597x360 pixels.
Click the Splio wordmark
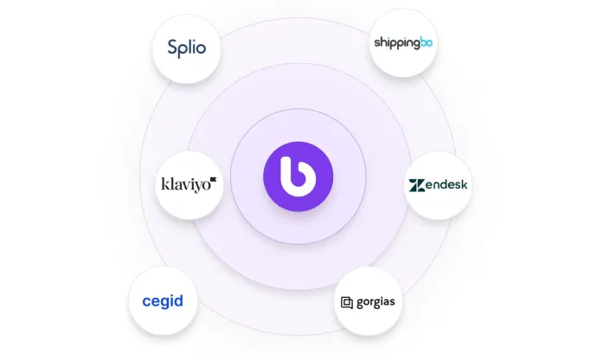(186, 47)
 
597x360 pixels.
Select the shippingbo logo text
(402, 42)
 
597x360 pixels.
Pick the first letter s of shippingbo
(376, 42)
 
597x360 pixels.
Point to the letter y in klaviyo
(196, 185)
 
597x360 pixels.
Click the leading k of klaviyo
(164, 183)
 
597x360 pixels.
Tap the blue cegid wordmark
(163, 302)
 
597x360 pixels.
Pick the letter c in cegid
(146, 302)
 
